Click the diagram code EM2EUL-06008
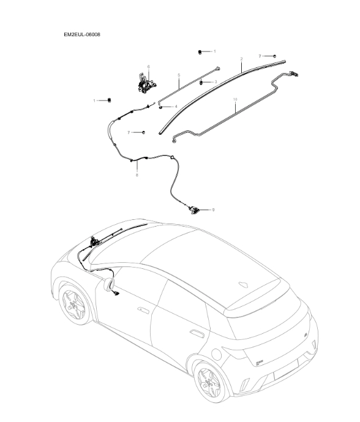pos(82,35)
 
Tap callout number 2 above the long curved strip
pos(241,59)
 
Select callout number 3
pos(216,81)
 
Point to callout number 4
pos(176,107)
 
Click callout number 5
pos(179,75)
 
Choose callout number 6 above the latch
pos(148,66)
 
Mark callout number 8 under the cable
pos(137,175)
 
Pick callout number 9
pos(213,210)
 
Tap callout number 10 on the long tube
pos(236,99)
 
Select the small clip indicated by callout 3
pos(202,81)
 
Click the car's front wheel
pos(75,305)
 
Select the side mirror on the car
pos(111,284)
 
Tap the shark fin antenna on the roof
pos(242,285)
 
